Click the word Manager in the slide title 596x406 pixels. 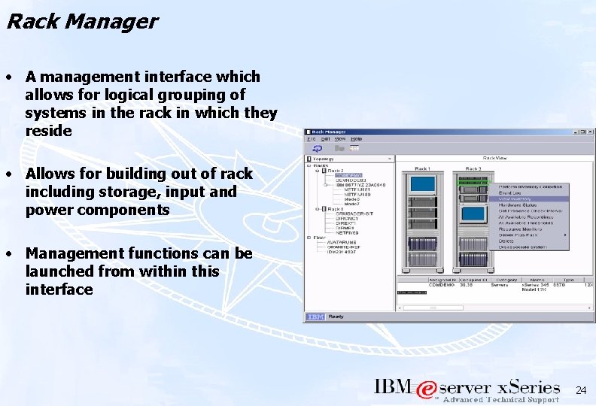[111, 21]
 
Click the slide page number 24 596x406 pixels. [580, 390]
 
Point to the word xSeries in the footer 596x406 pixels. [528, 388]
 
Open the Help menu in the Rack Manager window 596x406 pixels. [356, 139]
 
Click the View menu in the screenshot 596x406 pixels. [339, 139]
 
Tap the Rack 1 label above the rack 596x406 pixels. [422, 168]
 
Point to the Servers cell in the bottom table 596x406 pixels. [500, 284]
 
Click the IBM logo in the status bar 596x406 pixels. [315, 317]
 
